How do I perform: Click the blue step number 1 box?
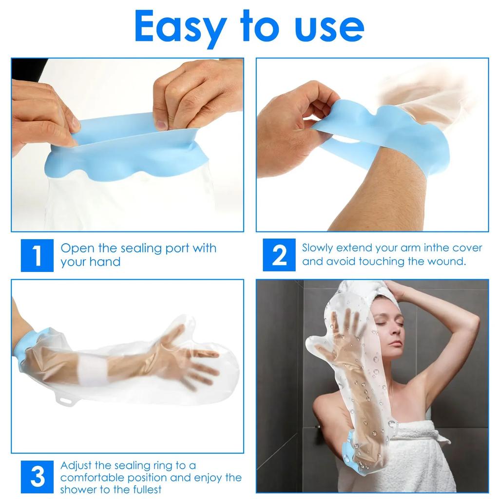[x=37, y=255]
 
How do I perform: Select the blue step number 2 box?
[x=279, y=255]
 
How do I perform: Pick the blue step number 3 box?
[x=37, y=477]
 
